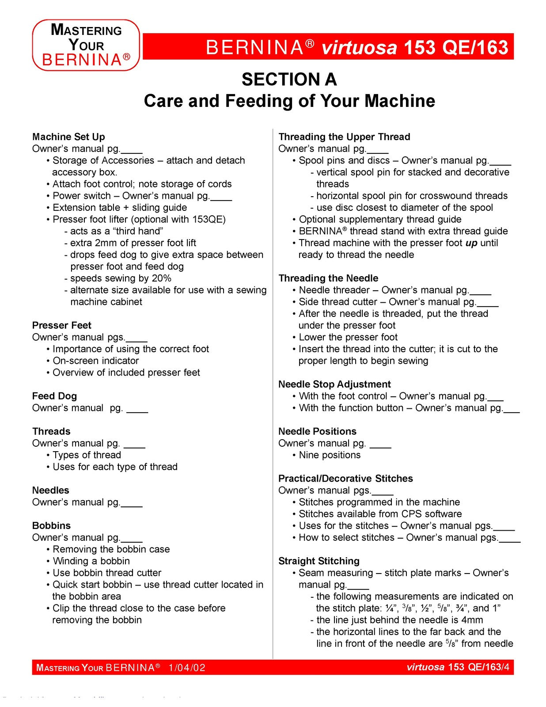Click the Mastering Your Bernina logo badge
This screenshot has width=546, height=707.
click(86, 45)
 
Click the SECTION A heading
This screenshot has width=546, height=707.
click(289, 80)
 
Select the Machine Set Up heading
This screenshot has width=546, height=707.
click(68, 137)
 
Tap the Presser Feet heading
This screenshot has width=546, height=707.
click(61, 325)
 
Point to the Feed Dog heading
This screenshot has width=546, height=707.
click(54, 396)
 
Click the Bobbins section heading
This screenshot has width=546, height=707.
click(51, 525)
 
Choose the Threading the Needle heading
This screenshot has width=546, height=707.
click(328, 278)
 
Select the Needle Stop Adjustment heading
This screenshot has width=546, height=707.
click(334, 384)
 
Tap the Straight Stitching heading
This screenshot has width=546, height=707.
click(318, 561)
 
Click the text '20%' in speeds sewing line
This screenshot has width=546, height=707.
click(161, 278)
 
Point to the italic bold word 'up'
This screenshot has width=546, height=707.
click(471, 243)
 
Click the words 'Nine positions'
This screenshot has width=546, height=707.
click(330, 455)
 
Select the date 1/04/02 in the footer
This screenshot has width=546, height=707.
click(187, 667)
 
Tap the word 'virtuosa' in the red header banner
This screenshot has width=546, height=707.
click(359, 47)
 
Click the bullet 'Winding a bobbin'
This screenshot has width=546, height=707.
click(91, 561)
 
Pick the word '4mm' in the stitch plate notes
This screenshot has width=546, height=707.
click(471, 620)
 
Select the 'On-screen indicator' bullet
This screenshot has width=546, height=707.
click(96, 361)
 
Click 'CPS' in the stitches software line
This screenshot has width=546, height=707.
click(411, 514)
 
